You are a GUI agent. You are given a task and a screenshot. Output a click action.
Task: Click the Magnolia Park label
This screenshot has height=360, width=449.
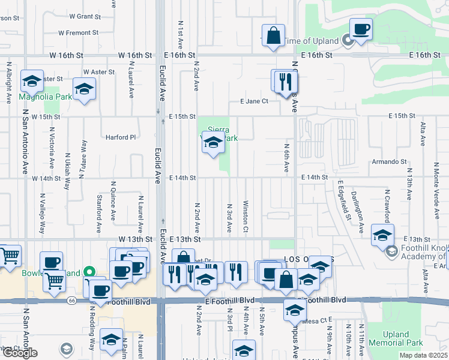click(x=44, y=97)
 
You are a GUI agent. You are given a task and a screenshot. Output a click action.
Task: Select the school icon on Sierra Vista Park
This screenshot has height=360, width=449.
click(x=213, y=143)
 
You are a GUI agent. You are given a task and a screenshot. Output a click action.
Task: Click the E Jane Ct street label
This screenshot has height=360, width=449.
click(x=254, y=101)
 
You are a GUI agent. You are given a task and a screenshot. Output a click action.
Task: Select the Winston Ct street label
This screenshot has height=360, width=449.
click(x=246, y=216)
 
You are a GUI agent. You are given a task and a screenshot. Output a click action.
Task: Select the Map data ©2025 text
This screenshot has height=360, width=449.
click(x=423, y=355)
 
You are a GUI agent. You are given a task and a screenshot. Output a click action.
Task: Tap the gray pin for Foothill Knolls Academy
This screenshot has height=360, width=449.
click(x=392, y=250)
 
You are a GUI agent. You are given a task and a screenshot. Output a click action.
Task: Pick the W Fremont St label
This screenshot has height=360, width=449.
click(x=78, y=33)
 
